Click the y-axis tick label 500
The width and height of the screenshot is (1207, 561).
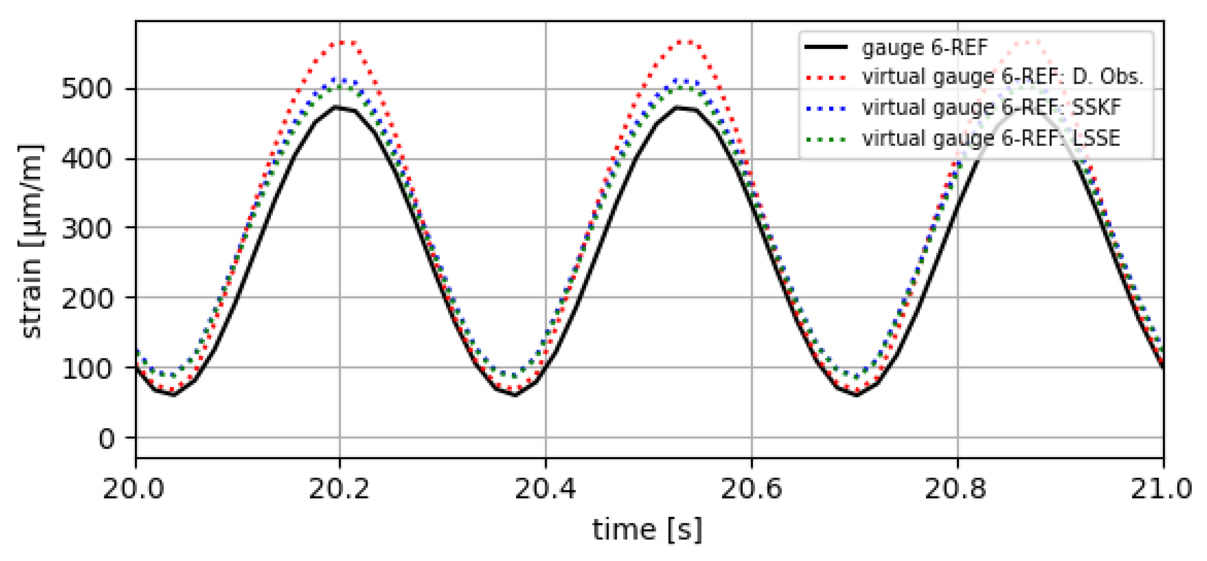point(87,88)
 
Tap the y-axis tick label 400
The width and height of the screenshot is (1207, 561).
point(87,158)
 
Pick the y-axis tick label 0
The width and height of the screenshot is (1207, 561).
point(106,438)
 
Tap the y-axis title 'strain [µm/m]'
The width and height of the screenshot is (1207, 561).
point(31,241)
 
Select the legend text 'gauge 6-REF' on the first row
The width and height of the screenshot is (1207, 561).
point(925,47)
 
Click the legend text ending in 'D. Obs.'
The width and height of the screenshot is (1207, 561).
point(1002,77)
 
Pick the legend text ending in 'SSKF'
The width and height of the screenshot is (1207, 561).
point(991,107)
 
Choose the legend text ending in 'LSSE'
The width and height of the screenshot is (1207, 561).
point(991,138)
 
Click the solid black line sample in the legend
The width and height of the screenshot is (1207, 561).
point(826,47)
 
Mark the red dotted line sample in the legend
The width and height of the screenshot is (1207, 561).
point(826,78)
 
